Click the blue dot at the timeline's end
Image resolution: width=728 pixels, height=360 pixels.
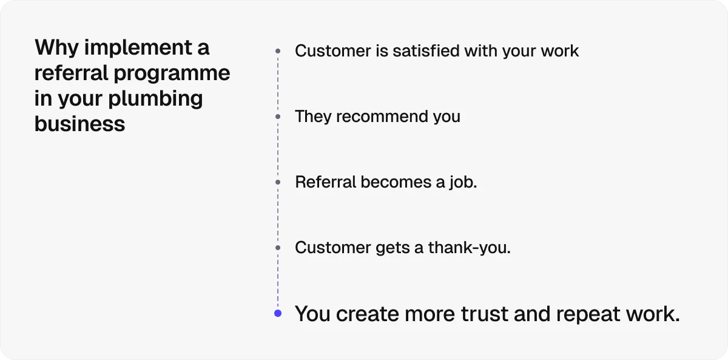click(278, 313)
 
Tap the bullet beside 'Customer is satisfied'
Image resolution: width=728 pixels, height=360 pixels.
click(278, 51)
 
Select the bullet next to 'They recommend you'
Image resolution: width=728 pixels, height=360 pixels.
click(278, 116)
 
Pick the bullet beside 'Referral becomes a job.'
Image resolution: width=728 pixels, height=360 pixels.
click(278, 182)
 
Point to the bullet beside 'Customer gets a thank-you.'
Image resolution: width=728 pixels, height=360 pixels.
click(278, 248)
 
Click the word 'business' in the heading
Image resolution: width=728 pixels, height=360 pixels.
click(79, 124)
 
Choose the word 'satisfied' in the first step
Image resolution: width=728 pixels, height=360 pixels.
click(426, 51)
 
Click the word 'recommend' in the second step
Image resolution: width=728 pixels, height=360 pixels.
click(375, 116)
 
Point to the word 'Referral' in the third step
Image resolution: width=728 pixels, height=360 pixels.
click(326, 182)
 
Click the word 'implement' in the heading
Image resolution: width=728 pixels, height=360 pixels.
click(137, 47)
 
